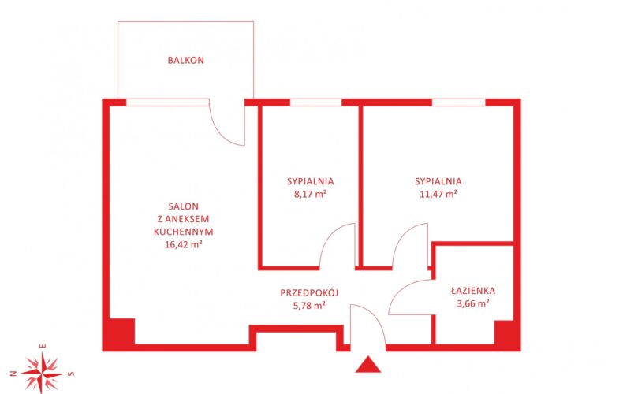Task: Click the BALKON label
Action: pyautogui.click(x=185, y=61)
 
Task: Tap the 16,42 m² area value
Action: pyautogui.click(x=184, y=244)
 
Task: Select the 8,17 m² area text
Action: pyautogui.click(x=310, y=194)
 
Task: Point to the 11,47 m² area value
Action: pyautogui.click(x=438, y=194)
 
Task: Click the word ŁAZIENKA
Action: pyautogui.click(x=473, y=291)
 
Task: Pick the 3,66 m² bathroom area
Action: pyautogui.click(x=473, y=304)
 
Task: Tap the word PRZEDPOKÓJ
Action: pyautogui.click(x=309, y=292)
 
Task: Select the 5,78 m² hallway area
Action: pyautogui.click(x=309, y=306)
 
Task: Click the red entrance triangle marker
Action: pyautogui.click(x=368, y=366)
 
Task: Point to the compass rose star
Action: pyautogui.click(x=42, y=374)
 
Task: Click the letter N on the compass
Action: pyautogui.click(x=13, y=374)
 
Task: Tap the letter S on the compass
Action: pyautogui.click(x=71, y=374)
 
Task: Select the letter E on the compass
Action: pyautogui.click(x=43, y=346)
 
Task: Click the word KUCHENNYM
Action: pyautogui.click(x=184, y=232)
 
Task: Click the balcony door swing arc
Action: pyautogui.click(x=221, y=132)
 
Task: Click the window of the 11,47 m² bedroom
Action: pyautogui.click(x=458, y=102)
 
